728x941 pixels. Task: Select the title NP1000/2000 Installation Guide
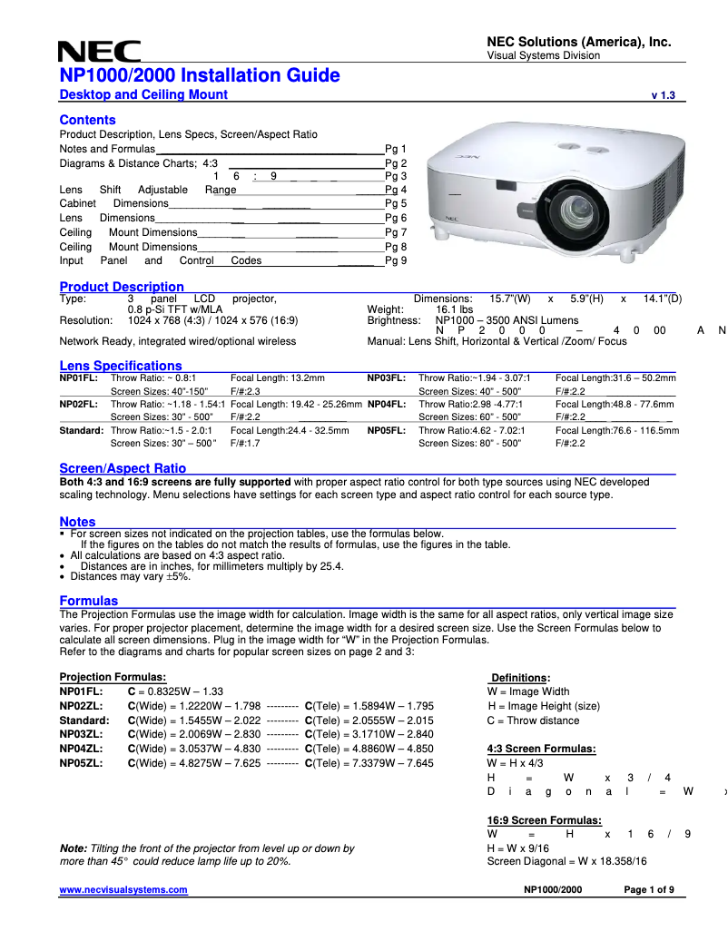click(200, 75)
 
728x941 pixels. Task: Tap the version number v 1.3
click(664, 95)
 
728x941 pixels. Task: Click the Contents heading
click(87, 120)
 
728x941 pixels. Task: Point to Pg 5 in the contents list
click(396, 204)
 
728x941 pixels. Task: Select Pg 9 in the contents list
click(396, 260)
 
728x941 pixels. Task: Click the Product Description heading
click(122, 287)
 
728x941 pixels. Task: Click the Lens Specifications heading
click(121, 366)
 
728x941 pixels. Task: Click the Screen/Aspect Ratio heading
click(123, 468)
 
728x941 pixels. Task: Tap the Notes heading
click(77, 522)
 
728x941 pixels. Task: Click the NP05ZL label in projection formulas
click(81, 763)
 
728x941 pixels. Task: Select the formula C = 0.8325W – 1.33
click(175, 691)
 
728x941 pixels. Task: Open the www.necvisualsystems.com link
click(123, 890)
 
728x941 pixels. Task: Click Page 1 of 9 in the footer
click(648, 890)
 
